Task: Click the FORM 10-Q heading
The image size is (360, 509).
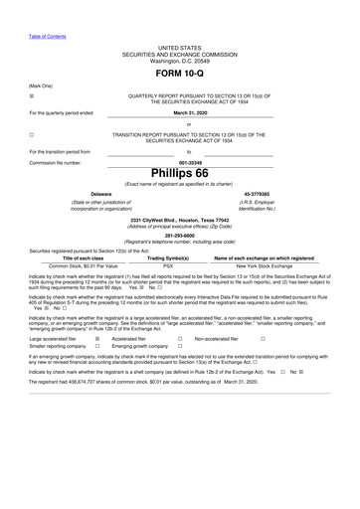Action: [x=180, y=75]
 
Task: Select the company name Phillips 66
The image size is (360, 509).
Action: [x=180, y=173]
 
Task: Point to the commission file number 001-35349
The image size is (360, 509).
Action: [x=180, y=162]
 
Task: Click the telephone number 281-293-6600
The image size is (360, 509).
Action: [x=180, y=235]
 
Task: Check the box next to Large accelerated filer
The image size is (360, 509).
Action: [x=97, y=338]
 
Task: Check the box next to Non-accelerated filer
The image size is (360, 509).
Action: [x=263, y=338]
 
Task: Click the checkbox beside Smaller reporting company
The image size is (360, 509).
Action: [x=97, y=346]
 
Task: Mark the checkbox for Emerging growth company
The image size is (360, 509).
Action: [x=180, y=346]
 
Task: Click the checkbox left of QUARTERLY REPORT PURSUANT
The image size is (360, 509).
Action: [x=32, y=95]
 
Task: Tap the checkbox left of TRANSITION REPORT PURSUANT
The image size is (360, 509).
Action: [x=32, y=133]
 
